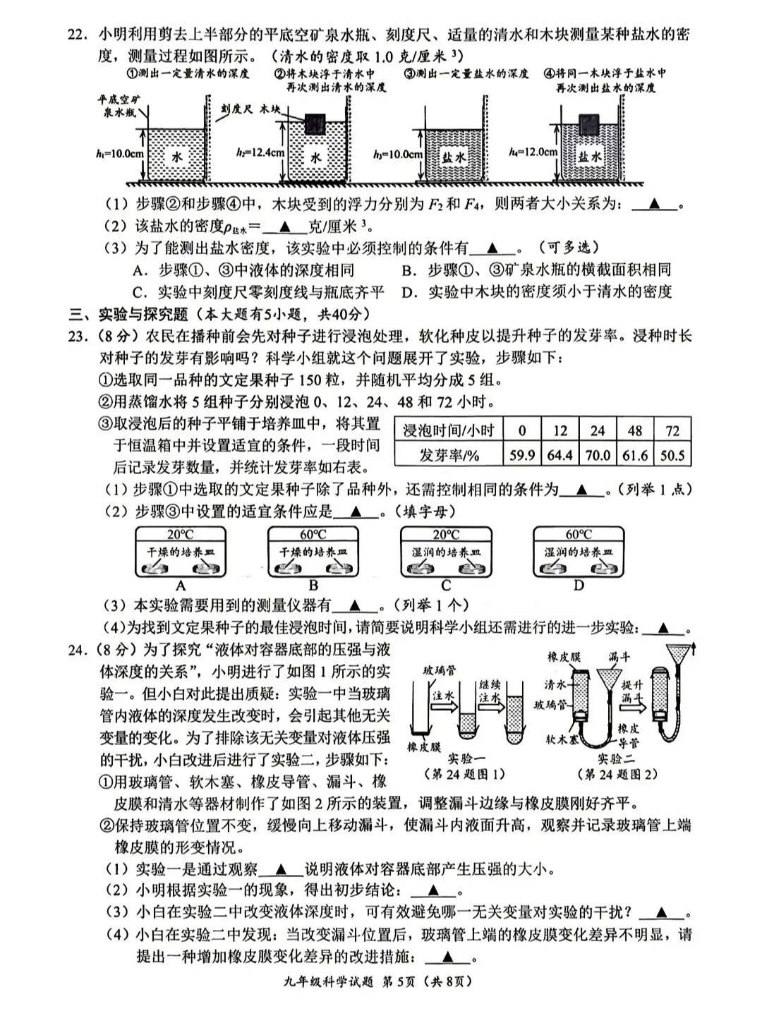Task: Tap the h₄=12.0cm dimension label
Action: click(533, 152)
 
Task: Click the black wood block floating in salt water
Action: click(588, 124)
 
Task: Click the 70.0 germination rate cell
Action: click(597, 455)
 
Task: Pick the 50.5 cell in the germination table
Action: click(672, 455)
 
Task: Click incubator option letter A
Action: click(181, 586)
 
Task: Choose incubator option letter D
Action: click(579, 586)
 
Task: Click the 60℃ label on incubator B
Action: click(313, 535)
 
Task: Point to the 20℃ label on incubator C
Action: click(446, 535)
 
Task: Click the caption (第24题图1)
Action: click(465, 774)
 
